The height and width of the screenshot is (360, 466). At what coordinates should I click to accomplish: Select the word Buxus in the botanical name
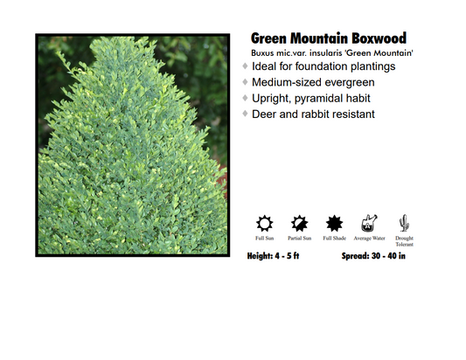263,53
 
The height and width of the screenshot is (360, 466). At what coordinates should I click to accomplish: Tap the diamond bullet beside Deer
246,114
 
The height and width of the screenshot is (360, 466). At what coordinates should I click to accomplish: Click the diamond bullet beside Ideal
246,66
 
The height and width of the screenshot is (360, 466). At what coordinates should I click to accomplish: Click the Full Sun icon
265,222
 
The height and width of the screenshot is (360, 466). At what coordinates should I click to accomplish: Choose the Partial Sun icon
299,222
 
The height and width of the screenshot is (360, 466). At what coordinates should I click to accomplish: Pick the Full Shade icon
333,222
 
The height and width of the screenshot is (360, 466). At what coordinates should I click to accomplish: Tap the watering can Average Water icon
369,222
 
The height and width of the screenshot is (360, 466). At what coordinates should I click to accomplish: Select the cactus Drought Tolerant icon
404,222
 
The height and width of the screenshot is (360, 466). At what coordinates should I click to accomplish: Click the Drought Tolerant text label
404,241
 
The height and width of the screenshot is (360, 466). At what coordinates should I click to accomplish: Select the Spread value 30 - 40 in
397,256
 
